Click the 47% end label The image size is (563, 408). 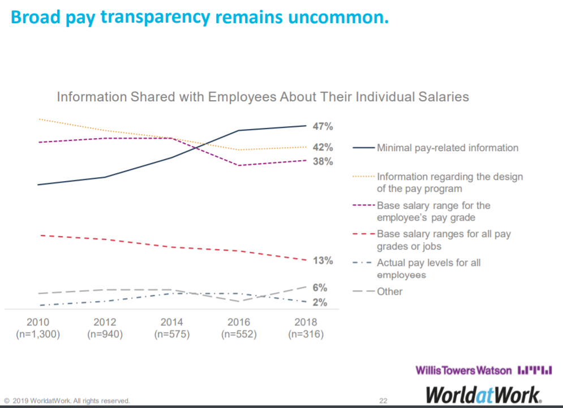323,126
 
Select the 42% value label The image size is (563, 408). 323,148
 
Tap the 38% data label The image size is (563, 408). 323,162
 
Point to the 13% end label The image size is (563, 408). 323,261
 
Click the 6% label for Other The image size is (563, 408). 320,287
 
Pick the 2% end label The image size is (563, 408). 320,303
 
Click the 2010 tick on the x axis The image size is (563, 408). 38,323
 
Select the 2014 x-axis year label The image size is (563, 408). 171,323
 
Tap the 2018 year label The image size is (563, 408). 306,323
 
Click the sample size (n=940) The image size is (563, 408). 105,334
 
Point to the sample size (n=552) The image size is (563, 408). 238,334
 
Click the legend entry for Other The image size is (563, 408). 389,292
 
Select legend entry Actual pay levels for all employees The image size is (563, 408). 428,269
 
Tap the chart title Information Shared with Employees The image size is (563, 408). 263,97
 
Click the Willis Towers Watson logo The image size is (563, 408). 484,371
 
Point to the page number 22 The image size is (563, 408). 383,401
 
